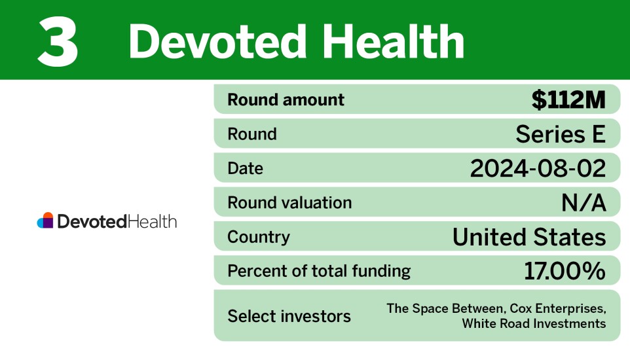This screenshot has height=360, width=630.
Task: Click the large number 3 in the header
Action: (58, 42)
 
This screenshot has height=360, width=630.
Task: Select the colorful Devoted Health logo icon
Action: (45, 221)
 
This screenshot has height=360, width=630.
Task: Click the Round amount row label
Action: (286, 100)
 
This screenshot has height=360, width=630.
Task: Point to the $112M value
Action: (568, 100)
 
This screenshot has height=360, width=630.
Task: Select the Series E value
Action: (561, 134)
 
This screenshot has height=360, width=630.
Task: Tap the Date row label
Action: (245, 168)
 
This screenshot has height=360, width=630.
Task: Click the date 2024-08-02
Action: (538, 168)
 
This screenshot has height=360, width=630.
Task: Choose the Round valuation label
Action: (289, 202)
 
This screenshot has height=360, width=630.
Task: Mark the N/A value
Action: (584, 202)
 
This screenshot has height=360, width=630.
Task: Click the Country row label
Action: (258, 236)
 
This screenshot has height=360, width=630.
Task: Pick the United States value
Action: (529, 236)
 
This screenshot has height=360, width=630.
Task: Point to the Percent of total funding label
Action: (319, 270)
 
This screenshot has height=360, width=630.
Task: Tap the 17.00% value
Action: (565, 270)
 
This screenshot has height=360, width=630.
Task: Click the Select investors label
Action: (289, 316)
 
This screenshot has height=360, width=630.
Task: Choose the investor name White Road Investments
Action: (534, 323)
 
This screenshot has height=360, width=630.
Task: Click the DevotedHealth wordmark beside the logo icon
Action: (117, 221)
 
